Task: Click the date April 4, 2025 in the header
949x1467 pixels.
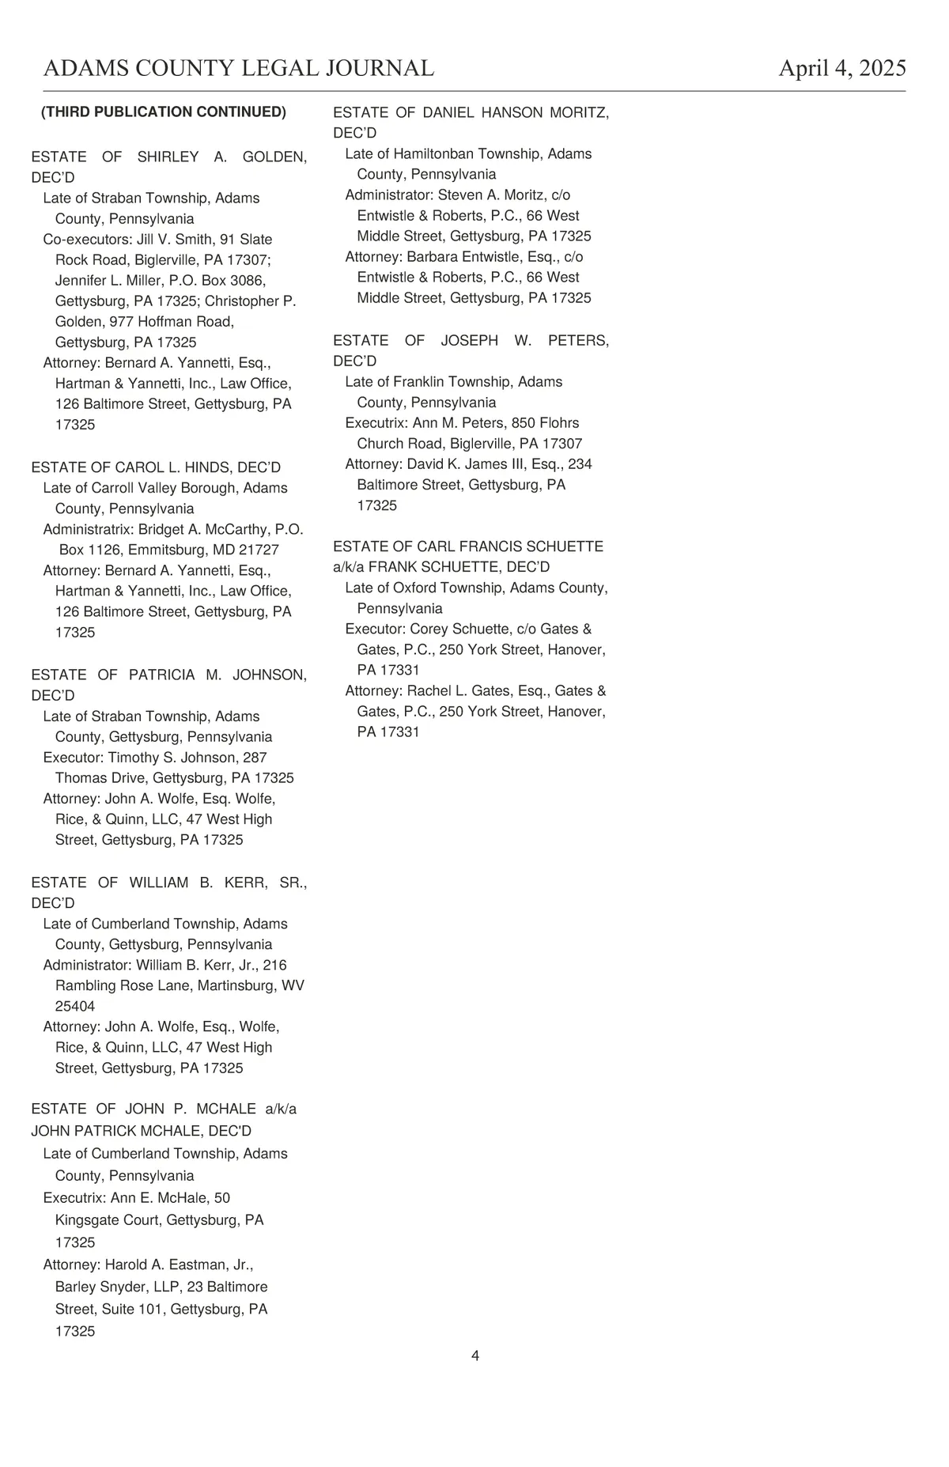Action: [x=842, y=69]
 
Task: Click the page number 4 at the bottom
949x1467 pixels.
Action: [x=475, y=1355]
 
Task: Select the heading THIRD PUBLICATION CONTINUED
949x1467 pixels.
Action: [x=164, y=112]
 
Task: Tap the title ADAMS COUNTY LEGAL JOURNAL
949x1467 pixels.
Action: [x=239, y=69]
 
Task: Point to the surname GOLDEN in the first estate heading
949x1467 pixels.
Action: [x=274, y=157]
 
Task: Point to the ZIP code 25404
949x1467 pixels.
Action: [x=75, y=1007]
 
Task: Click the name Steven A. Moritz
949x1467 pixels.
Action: [x=491, y=195]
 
